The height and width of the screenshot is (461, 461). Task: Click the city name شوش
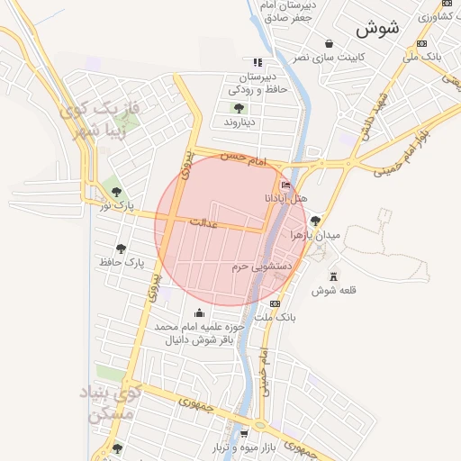[377, 28]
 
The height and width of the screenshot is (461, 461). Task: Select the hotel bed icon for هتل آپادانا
[286, 185]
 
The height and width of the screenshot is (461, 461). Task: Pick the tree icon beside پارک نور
[116, 192]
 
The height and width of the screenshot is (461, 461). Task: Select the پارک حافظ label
[122, 263]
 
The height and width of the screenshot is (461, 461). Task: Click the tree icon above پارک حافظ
[121, 249]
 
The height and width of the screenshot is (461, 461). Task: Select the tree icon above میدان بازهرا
[314, 221]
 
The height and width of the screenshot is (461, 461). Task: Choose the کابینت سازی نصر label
[329, 58]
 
